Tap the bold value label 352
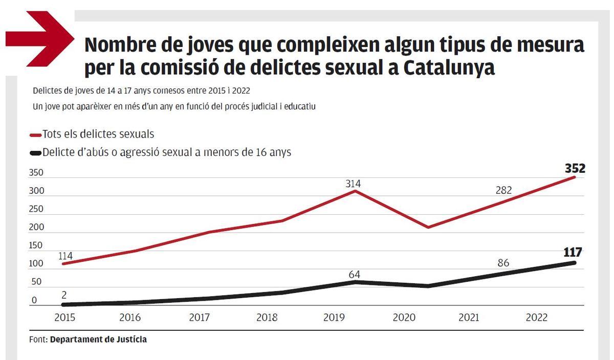[575, 168]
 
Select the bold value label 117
[573, 252]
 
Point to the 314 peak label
[353, 183]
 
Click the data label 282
[504, 191]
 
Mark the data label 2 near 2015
[63, 296]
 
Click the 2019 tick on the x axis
[334, 318]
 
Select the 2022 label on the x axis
[537, 318]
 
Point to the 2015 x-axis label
[64, 318]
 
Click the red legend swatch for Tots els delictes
[36, 135]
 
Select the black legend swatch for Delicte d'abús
[36, 152]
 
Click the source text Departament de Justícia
[98, 339]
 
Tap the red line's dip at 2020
[427, 227]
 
